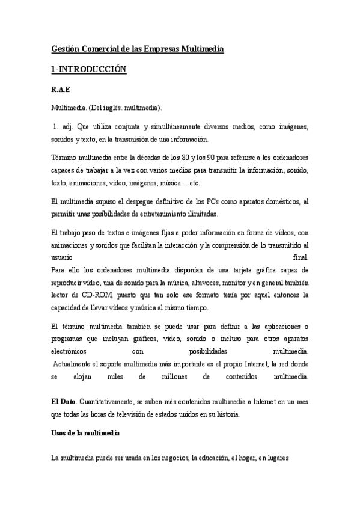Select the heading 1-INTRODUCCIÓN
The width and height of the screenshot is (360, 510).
point(88,70)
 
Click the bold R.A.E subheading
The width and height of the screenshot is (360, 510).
point(61,90)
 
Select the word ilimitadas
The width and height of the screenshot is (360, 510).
point(198,214)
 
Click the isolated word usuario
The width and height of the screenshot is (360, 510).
point(62,256)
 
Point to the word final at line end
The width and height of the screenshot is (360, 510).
point(299,256)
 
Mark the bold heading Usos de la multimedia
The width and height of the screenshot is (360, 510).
point(85,432)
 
